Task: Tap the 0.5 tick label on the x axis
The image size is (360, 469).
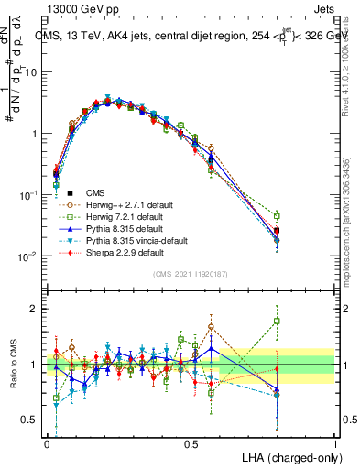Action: (191, 443)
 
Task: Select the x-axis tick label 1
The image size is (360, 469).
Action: (335, 443)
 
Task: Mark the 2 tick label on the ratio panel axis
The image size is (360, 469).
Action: (34, 310)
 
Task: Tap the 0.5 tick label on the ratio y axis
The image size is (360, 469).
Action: (30, 420)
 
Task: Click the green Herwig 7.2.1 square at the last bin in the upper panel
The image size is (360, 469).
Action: (277, 216)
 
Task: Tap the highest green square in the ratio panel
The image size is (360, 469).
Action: (277, 321)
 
